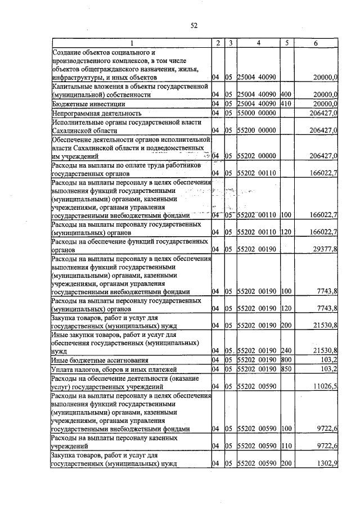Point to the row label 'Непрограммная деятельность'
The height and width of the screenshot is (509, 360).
(x=93, y=113)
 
